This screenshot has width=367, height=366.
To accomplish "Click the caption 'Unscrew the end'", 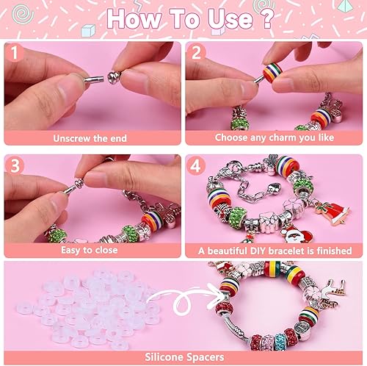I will (90, 137).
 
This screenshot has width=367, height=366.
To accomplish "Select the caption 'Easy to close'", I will (90, 250).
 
